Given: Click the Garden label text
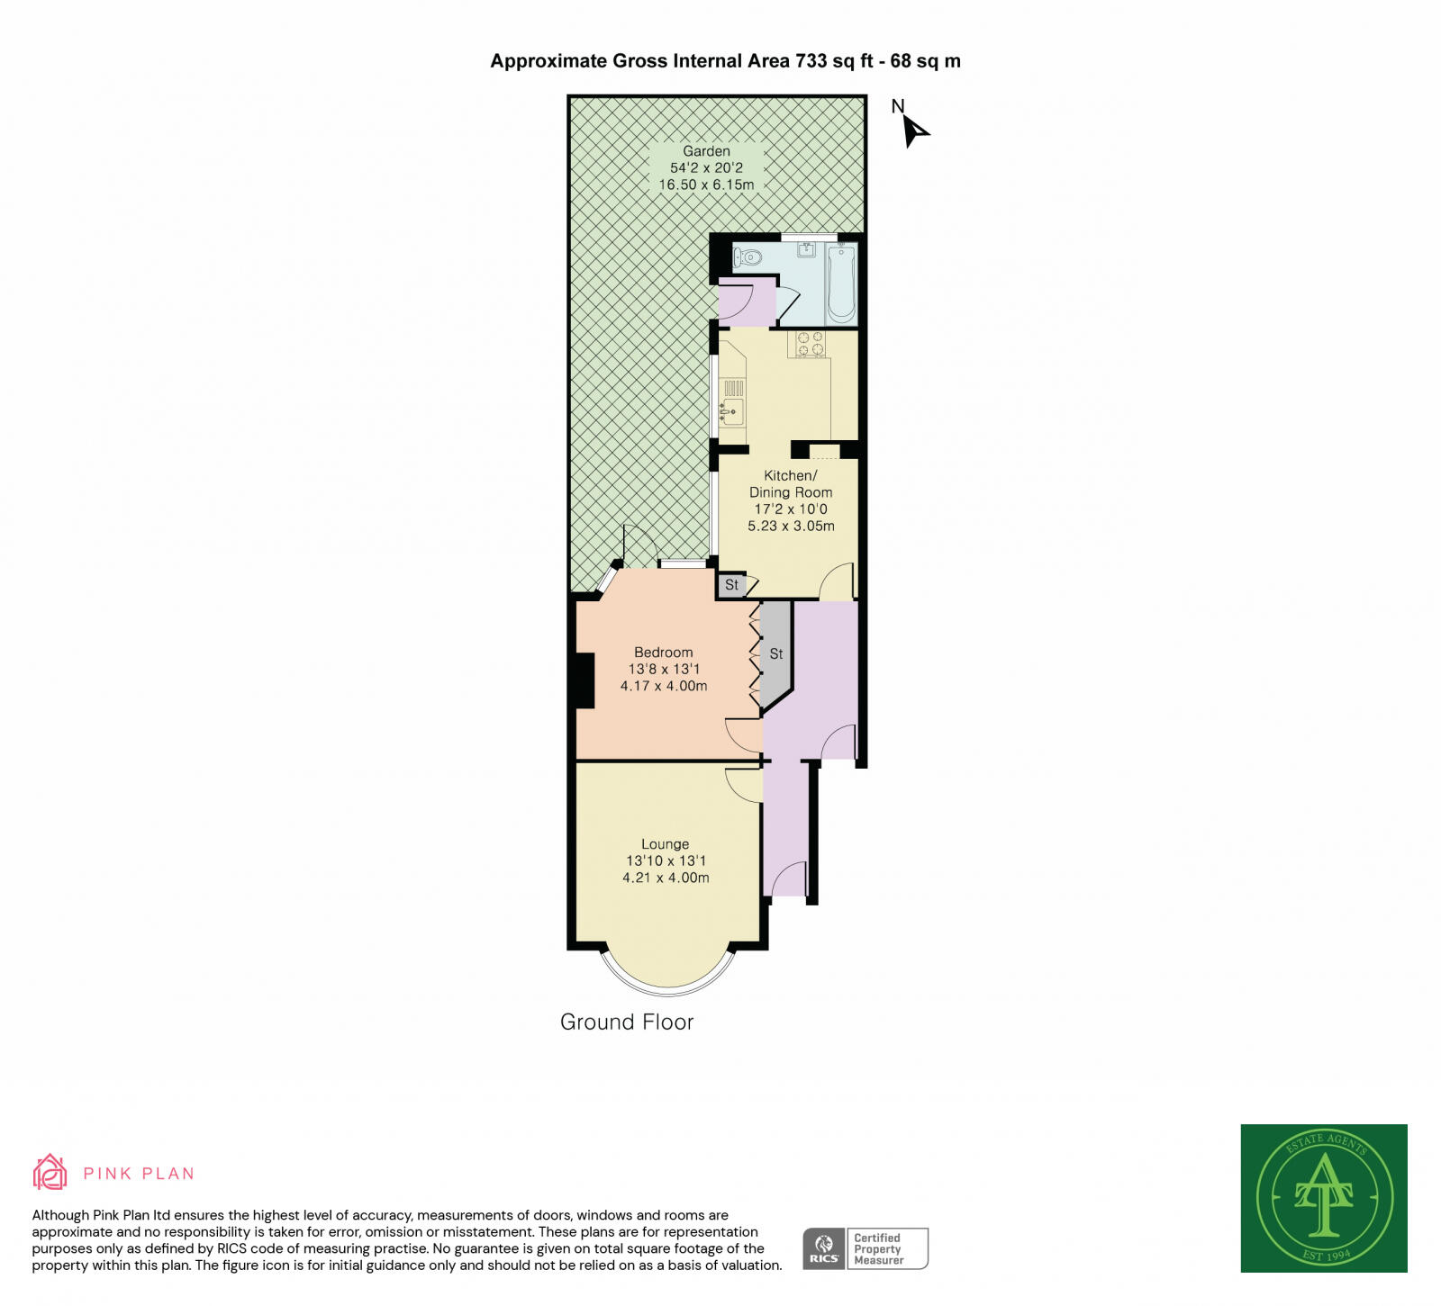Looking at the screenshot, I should coord(706,151).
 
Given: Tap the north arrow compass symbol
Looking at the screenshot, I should coord(914,131).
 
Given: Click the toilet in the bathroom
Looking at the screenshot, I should coord(748,258).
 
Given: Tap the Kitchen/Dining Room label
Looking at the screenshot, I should coord(790,483).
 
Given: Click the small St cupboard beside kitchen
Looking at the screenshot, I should coord(731,585).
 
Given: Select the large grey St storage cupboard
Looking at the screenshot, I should coord(775,653).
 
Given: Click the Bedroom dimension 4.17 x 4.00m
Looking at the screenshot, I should coord(664,686).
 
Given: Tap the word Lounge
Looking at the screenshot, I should coord(665,844).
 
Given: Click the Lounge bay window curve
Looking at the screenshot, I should coord(668,988).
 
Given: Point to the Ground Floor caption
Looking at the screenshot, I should coord(627,1022).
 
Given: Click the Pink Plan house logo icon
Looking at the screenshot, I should coord(50,1173).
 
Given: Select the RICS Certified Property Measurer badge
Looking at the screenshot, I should coord(865,1248).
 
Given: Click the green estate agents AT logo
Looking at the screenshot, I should coord(1323,1198).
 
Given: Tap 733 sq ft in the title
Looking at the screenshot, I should coord(834,61).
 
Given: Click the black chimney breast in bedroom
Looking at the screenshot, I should coord(585,680).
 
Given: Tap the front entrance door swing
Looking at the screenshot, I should coord(791,878).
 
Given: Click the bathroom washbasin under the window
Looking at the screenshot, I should coord(806,250).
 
